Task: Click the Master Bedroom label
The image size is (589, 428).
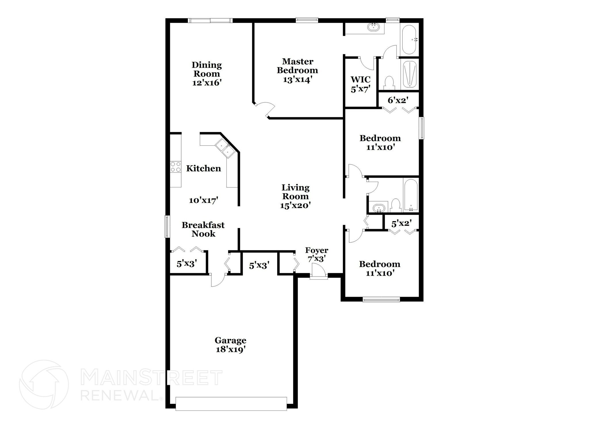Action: point(297,66)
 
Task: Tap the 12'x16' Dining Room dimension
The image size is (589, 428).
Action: point(207,83)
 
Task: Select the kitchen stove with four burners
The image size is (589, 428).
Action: point(175,167)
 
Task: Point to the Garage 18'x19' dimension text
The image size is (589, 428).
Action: point(230,350)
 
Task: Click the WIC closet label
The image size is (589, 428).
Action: point(360,79)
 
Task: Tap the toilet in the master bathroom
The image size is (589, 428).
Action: point(389,82)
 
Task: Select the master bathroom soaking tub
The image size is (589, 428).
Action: point(409,40)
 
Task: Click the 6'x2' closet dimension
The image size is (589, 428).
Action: point(398,100)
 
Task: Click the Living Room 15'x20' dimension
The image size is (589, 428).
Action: point(295,205)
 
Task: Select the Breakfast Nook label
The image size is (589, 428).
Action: point(203,229)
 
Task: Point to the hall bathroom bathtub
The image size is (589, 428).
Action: point(410,195)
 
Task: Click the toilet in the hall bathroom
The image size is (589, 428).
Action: point(396,205)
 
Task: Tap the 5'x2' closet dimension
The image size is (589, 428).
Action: point(401,223)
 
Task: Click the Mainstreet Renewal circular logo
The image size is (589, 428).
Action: point(44,384)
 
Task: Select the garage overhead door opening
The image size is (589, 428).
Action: point(231,404)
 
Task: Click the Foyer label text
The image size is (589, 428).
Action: point(316,250)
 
